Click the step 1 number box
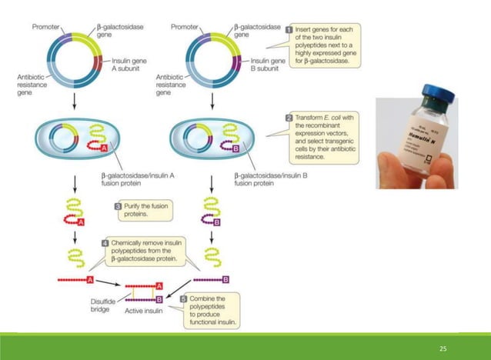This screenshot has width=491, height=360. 289,30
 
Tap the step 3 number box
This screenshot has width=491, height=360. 118,206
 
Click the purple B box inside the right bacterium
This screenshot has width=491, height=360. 250,148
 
